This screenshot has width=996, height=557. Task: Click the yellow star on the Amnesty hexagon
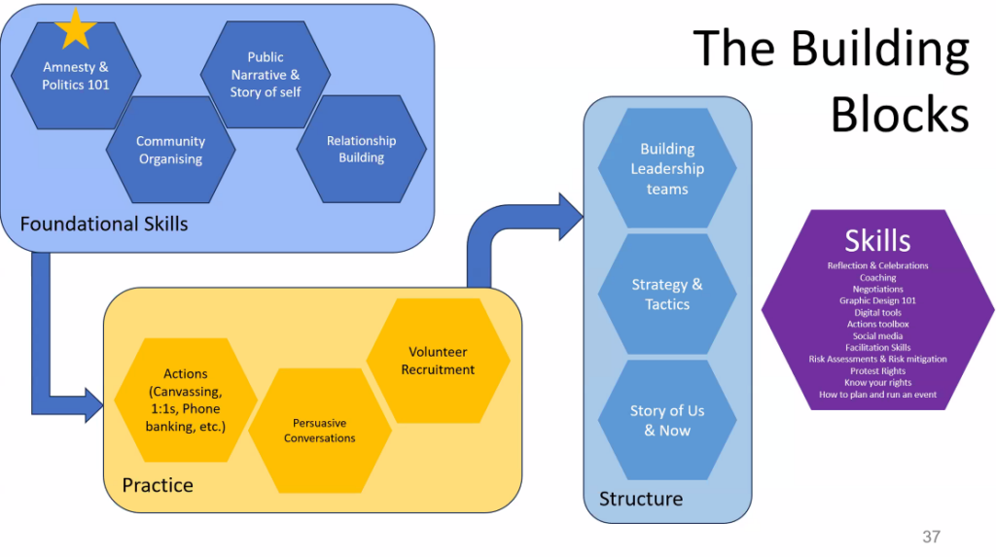click(x=75, y=29)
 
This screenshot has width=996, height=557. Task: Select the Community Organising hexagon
click(x=170, y=150)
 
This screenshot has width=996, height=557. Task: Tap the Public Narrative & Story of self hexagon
click(x=265, y=75)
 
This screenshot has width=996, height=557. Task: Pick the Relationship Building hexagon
click(x=361, y=149)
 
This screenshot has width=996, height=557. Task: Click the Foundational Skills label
click(x=104, y=224)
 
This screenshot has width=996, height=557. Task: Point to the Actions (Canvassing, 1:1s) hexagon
click(x=185, y=400)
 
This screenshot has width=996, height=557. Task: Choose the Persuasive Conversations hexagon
click(x=320, y=431)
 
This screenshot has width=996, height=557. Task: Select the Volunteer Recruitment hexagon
click(x=438, y=361)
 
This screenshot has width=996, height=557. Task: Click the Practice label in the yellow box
click(x=158, y=484)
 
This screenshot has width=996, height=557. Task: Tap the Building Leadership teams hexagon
click(x=667, y=168)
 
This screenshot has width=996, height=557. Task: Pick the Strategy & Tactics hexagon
click(x=667, y=294)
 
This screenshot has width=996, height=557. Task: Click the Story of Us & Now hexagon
click(x=667, y=420)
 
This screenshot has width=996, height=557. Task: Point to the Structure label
click(x=641, y=499)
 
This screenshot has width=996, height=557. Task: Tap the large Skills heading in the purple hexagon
click(x=877, y=240)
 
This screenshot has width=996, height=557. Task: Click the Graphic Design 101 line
click(x=877, y=301)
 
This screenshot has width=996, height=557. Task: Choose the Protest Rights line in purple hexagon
click(x=877, y=371)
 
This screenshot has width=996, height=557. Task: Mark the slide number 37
click(x=931, y=537)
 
